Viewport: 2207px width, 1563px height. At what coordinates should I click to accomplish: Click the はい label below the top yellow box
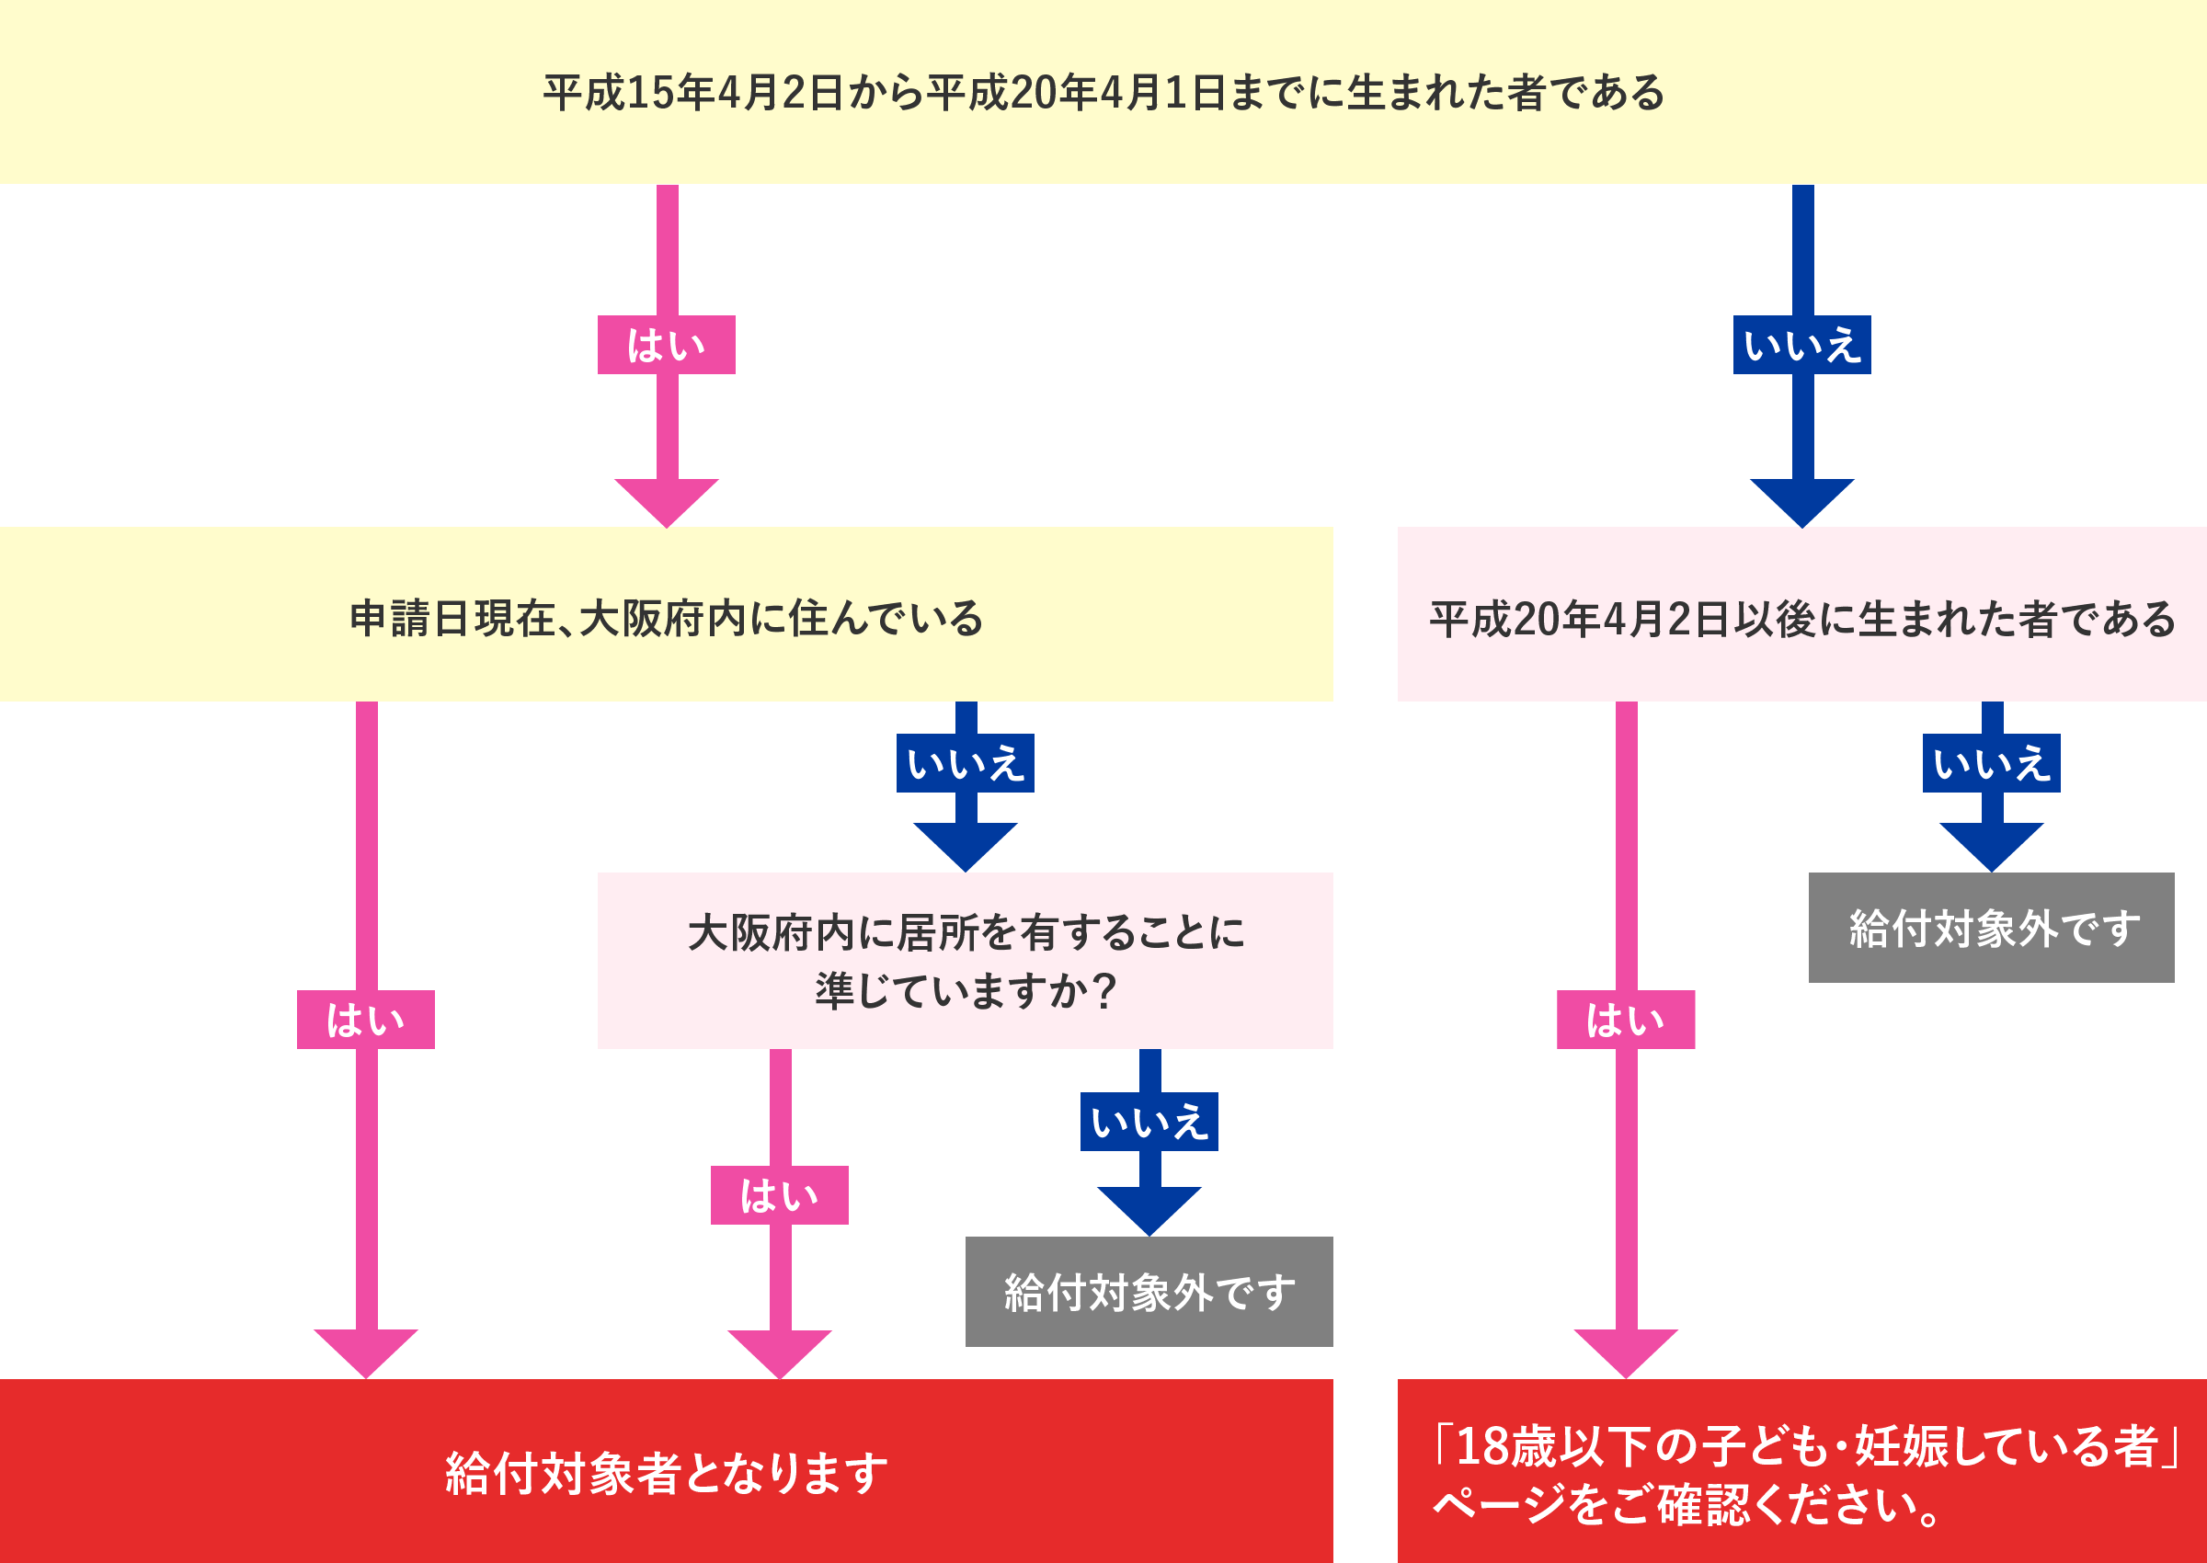coord(666,345)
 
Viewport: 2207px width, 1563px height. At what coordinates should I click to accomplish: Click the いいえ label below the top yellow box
coord(1801,345)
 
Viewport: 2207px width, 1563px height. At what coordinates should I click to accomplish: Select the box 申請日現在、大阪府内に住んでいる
coord(666,616)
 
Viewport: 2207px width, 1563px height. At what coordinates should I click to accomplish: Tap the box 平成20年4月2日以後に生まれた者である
coord(1801,616)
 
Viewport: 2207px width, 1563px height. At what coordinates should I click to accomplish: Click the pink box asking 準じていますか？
coord(966,961)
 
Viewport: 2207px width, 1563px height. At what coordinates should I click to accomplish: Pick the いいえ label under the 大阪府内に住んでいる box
coord(966,763)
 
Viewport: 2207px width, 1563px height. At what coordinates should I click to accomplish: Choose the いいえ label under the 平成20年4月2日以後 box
coord(1992,763)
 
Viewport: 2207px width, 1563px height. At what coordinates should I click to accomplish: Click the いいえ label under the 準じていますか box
coord(1149,1122)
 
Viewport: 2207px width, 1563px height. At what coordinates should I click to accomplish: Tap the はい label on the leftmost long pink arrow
coord(366,1020)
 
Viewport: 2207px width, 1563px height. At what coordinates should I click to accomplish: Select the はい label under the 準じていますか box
coord(780,1195)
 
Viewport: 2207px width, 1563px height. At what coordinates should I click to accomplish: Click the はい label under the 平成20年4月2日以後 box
coord(1626,1020)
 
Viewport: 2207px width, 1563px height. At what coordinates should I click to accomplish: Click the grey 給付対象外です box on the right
coord(1992,928)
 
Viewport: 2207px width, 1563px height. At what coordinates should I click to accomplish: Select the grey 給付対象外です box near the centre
coord(1149,1292)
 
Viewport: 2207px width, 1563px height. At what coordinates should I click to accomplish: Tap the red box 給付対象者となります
coord(666,1473)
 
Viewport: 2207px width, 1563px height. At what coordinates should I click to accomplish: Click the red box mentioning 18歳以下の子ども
coord(1801,1473)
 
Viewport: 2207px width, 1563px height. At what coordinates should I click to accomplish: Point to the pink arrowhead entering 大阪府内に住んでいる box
coord(666,500)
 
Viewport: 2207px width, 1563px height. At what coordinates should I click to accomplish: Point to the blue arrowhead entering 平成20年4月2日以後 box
coord(1801,500)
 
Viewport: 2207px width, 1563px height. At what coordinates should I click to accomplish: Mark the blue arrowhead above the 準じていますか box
coord(966,845)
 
